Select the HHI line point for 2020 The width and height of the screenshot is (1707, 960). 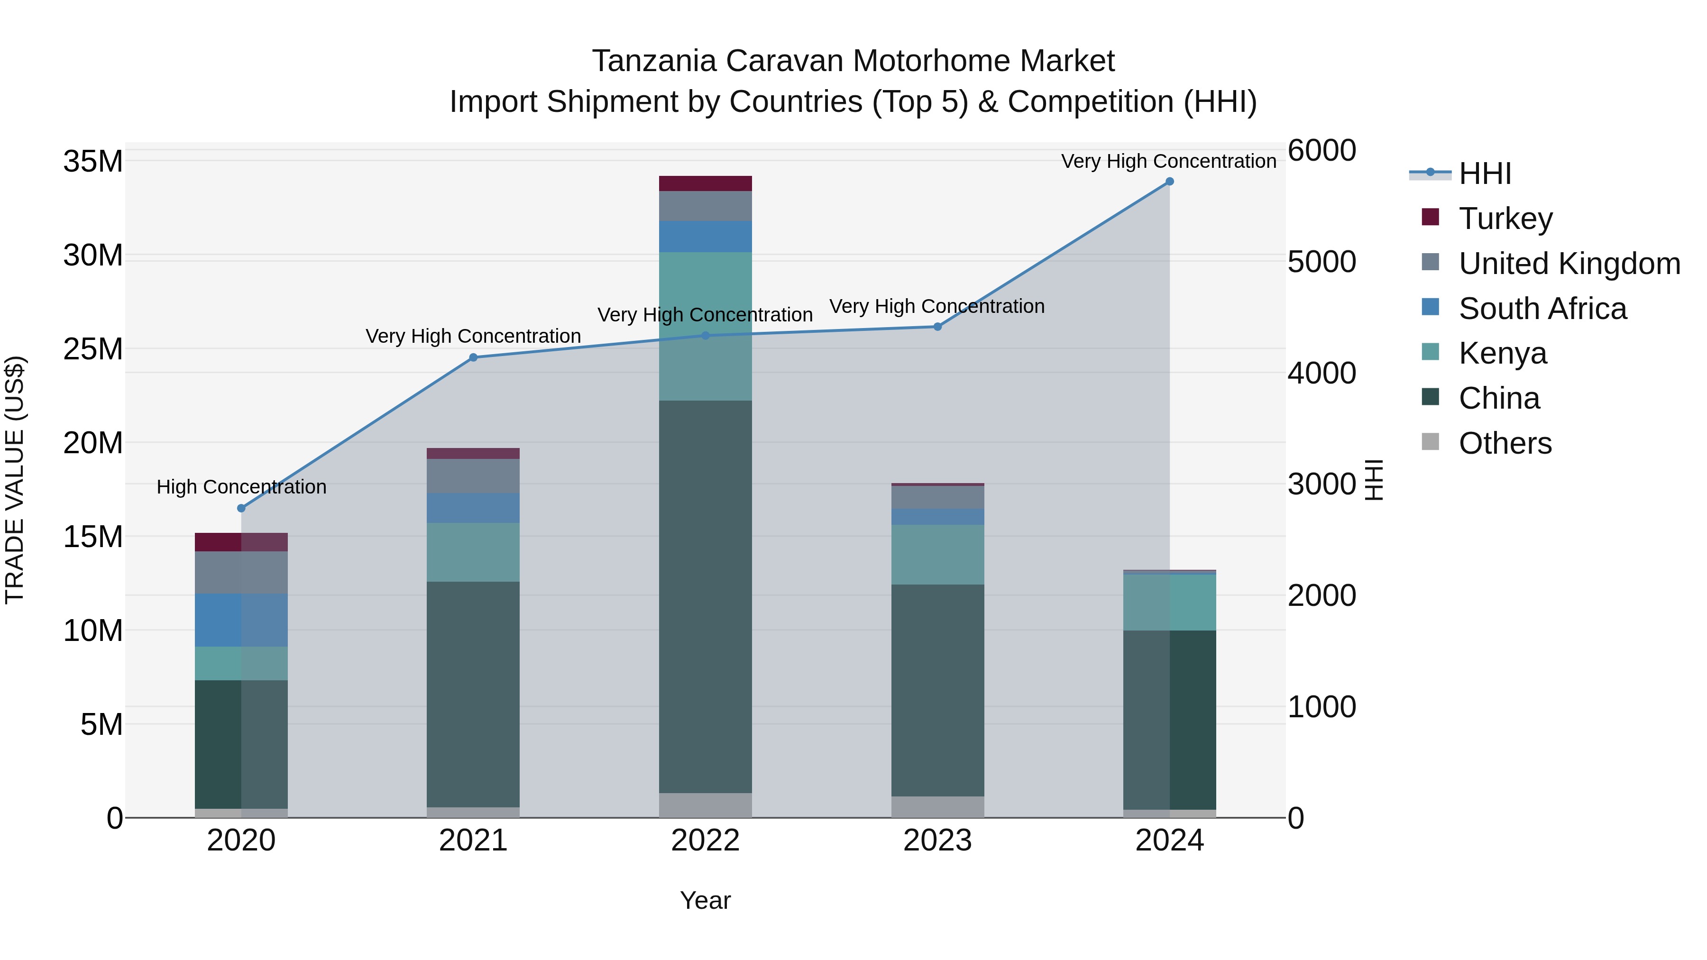tap(241, 508)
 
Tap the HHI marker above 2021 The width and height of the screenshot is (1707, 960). tap(473, 358)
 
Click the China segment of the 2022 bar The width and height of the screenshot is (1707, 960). tap(705, 596)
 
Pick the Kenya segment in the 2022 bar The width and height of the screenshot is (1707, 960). tap(705, 326)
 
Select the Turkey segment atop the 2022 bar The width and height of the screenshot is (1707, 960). tap(705, 183)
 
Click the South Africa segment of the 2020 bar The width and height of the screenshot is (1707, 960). tap(241, 620)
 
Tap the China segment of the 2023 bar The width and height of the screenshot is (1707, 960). tap(937, 690)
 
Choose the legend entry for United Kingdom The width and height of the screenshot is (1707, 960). tap(1569, 264)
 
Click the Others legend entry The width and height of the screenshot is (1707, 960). tap(1505, 443)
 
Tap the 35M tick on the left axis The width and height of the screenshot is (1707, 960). tap(93, 162)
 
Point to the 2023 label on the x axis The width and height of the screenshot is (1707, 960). tap(937, 841)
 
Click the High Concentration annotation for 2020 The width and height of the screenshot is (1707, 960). tap(241, 487)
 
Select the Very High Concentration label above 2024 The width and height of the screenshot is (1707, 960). tap(1168, 161)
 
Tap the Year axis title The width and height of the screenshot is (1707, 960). tap(705, 900)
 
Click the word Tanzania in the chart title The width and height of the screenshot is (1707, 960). tap(653, 62)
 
